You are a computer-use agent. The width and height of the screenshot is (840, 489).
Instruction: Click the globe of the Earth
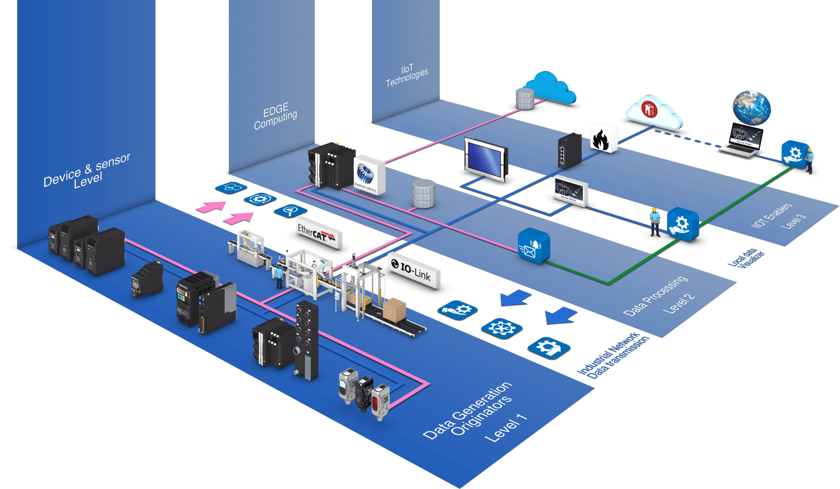(x=751, y=108)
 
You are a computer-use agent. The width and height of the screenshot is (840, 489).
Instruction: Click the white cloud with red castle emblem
(x=653, y=112)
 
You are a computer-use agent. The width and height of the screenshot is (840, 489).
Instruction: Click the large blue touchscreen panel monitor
(x=486, y=159)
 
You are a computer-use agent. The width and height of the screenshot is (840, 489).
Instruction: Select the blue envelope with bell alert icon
(x=533, y=246)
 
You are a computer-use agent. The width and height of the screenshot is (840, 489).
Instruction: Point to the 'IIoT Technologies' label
(x=407, y=76)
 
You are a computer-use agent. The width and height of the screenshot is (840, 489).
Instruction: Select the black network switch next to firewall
(x=570, y=150)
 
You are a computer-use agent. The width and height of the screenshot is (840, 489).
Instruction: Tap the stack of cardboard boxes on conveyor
(x=394, y=310)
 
